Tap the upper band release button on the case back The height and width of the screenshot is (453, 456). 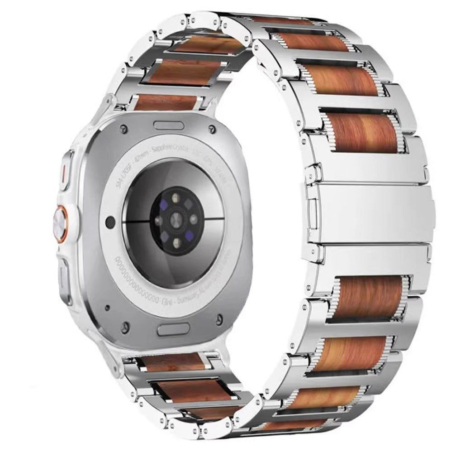[169, 125]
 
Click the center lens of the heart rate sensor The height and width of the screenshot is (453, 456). [175, 221]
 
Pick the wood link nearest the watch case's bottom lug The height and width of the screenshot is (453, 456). [174, 362]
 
